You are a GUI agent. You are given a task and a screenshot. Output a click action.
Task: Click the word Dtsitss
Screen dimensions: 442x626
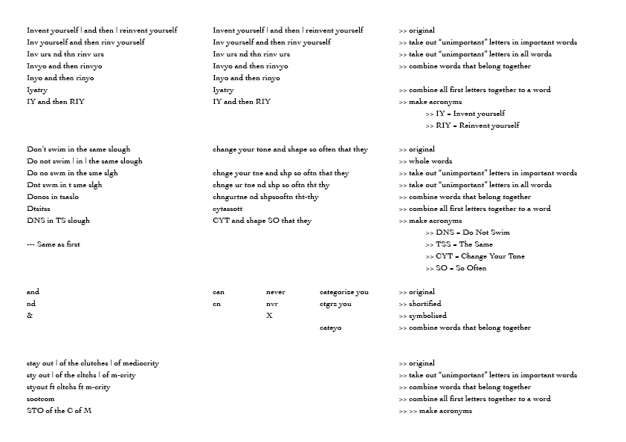(x=39, y=209)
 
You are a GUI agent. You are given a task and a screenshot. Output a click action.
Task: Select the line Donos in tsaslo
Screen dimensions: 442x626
(x=53, y=197)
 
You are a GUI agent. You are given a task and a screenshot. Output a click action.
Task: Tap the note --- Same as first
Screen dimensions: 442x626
(x=53, y=244)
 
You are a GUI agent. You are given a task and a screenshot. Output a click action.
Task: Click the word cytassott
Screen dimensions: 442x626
(x=228, y=209)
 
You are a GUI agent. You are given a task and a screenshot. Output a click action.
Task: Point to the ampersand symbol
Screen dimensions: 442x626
(x=30, y=316)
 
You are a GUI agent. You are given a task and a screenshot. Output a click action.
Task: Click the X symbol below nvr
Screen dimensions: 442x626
(x=269, y=316)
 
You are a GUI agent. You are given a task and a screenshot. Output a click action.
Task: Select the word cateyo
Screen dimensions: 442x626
(x=330, y=328)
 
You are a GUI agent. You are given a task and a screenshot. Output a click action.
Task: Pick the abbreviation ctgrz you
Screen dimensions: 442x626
(x=336, y=304)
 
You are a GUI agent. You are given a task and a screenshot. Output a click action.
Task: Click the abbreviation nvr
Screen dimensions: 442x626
(x=272, y=304)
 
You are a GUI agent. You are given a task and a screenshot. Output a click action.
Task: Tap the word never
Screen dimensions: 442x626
(x=275, y=292)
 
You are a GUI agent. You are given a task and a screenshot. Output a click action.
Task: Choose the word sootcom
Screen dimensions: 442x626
(x=42, y=399)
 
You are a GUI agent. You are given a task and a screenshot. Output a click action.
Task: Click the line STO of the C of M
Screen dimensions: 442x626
(x=59, y=411)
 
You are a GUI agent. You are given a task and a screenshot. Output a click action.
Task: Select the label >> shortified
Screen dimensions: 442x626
(x=420, y=304)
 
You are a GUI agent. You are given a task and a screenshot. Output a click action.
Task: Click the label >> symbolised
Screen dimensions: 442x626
(x=422, y=316)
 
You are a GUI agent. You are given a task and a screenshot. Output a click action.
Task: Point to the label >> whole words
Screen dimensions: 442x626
(x=425, y=161)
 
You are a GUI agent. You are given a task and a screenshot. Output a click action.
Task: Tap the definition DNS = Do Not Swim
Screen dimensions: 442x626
(x=468, y=233)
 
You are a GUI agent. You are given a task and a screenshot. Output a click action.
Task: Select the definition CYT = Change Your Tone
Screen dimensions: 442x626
(x=475, y=256)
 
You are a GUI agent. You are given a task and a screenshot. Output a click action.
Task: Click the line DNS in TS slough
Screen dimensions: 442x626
(x=58, y=221)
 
